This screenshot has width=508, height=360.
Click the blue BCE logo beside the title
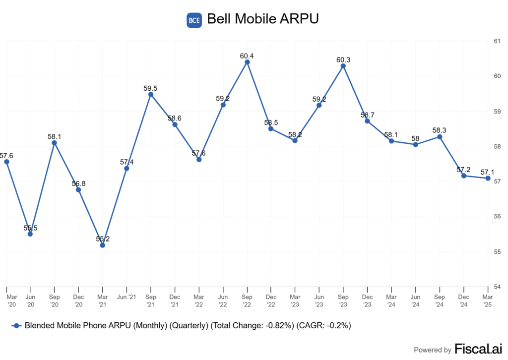[193, 20]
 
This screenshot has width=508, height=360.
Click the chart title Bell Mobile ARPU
[262, 19]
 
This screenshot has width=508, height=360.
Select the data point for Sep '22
[247, 62]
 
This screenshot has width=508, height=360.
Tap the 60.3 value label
[343, 60]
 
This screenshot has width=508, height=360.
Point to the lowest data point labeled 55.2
[103, 245]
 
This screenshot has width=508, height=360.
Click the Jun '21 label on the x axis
[127, 297]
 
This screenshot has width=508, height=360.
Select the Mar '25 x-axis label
[488, 300]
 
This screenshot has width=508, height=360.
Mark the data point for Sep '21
[151, 94]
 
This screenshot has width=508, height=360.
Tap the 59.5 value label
[151, 88]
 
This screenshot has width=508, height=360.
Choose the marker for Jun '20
[30, 234]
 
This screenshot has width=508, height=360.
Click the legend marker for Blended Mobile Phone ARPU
[16, 325]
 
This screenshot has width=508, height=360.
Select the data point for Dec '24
[464, 176]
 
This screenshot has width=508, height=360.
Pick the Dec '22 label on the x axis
[271, 300]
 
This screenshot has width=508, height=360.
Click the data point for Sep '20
[55, 143]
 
